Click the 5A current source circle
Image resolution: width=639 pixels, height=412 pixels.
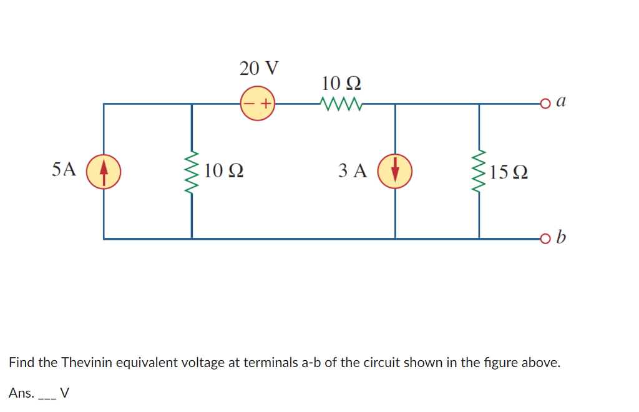coord(104,171)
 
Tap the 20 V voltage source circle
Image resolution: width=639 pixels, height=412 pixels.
coord(258,103)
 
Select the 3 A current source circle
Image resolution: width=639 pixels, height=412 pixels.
coord(395,171)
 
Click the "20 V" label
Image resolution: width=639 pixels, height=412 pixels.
coord(259,67)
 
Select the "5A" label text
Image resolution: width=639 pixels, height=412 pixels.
coord(64,169)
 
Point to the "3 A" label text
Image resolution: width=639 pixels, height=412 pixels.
coord(353,170)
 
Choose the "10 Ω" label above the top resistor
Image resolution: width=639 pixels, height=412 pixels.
coord(341,82)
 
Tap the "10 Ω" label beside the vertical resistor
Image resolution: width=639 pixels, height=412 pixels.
coord(223,170)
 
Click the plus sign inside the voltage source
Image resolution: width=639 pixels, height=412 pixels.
coord(265,104)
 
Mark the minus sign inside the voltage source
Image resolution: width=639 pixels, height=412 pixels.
coord(249,104)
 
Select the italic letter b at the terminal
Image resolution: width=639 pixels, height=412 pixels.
coord(561,237)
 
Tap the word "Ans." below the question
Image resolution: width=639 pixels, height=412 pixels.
coord(21,393)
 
